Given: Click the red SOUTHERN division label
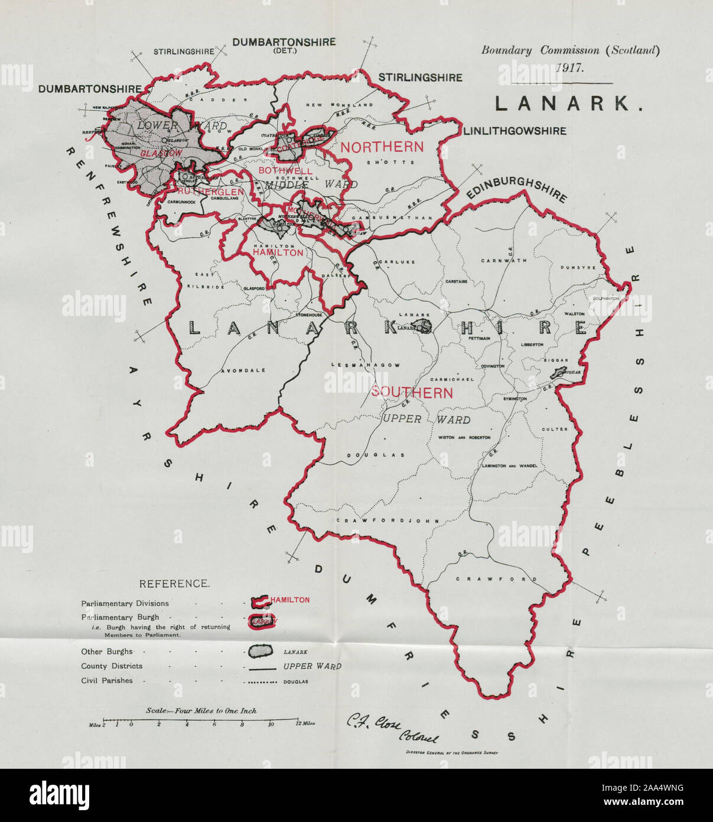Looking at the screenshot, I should [x=412, y=393].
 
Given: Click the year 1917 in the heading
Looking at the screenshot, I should [x=569, y=67].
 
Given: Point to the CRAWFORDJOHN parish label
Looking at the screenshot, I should [x=388, y=520].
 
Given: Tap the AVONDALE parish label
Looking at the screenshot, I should [x=243, y=371].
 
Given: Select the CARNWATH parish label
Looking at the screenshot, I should [x=500, y=260].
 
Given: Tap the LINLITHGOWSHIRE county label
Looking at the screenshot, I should [x=515, y=131].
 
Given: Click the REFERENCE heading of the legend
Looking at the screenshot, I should [x=174, y=584].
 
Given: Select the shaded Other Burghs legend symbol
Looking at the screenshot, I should [x=260, y=651].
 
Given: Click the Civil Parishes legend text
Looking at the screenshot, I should [x=107, y=681].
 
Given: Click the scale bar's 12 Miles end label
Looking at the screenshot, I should [x=305, y=724].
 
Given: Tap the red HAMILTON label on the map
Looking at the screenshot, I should [x=278, y=253].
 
